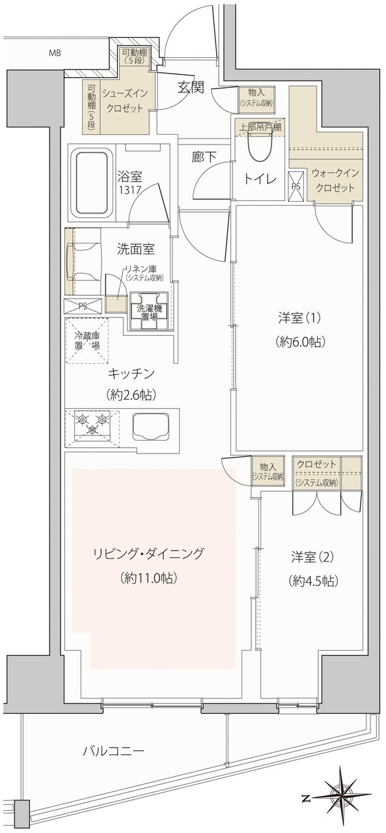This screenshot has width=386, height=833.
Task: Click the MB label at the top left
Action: tap(55, 53)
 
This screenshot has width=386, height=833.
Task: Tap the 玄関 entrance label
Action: tap(191, 88)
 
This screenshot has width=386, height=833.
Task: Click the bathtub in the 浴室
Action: tap(94, 185)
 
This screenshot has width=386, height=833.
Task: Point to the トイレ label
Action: tap(260, 180)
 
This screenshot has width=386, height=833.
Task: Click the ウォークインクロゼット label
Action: tap(335, 180)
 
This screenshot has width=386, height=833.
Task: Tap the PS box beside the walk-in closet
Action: tap(297, 186)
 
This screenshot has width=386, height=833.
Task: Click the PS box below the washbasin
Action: tap(83, 306)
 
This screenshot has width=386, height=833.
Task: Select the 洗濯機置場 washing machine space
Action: tap(149, 312)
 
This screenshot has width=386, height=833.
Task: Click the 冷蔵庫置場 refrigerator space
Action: tap(87, 340)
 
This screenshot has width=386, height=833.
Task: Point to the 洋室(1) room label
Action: tap(299, 318)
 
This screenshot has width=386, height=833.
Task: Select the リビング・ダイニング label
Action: tap(148, 553)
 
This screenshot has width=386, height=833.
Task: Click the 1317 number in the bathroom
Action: tap(130, 191)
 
